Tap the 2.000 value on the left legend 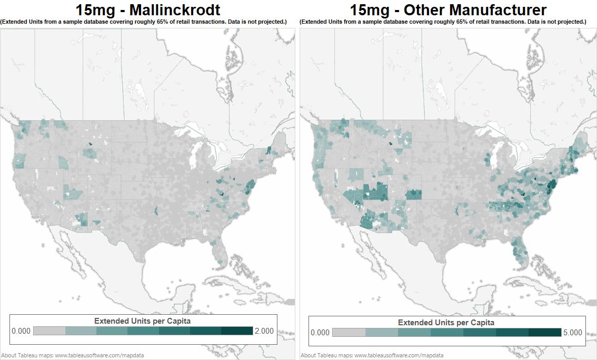[x=264, y=331]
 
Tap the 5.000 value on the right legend [x=572, y=333]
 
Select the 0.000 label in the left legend [x=21, y=331]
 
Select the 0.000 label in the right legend [x=320, y=333]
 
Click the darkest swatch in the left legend [x=237, y=331]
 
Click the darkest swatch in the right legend [x=545, y=333]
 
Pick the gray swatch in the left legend [x=49, y=331]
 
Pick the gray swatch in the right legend [x=349, y=333]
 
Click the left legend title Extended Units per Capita [x=142, y=321]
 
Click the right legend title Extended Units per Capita [x=446, y=323]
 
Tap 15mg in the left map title [x=94, y=9]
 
